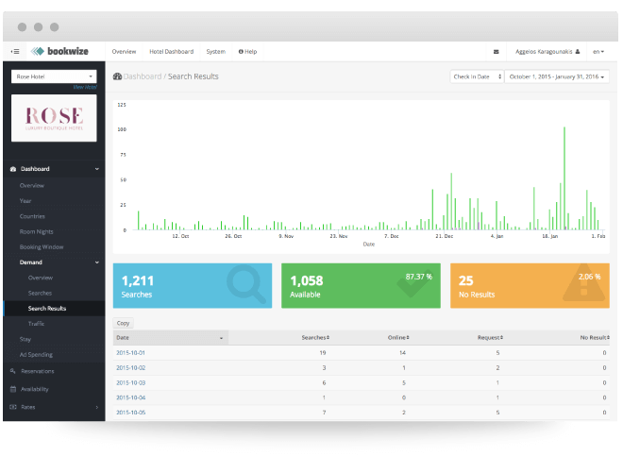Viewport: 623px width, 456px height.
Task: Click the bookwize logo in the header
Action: point(62,51)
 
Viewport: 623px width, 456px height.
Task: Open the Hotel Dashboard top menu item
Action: point(171,51)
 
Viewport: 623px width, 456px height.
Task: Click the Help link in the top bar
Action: point(247,51)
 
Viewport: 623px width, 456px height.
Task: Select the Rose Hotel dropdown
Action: point(54,76)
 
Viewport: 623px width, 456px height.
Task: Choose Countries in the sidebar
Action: point(32,215)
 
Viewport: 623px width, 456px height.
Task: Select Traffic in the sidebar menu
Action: point(36,323)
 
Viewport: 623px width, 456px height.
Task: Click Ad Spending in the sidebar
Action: point(36,354)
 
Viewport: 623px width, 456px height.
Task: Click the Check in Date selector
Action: point(477,76)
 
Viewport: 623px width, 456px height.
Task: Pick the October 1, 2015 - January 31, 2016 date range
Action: point(557,76)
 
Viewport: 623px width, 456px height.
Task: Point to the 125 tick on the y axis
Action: point(122,105)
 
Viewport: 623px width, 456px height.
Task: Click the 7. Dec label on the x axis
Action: point(390,237)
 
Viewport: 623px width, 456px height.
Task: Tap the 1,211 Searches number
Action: point(138,280)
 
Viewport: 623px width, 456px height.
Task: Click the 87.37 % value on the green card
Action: point(418,277)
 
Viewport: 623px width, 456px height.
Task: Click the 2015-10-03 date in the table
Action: point(130,382)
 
